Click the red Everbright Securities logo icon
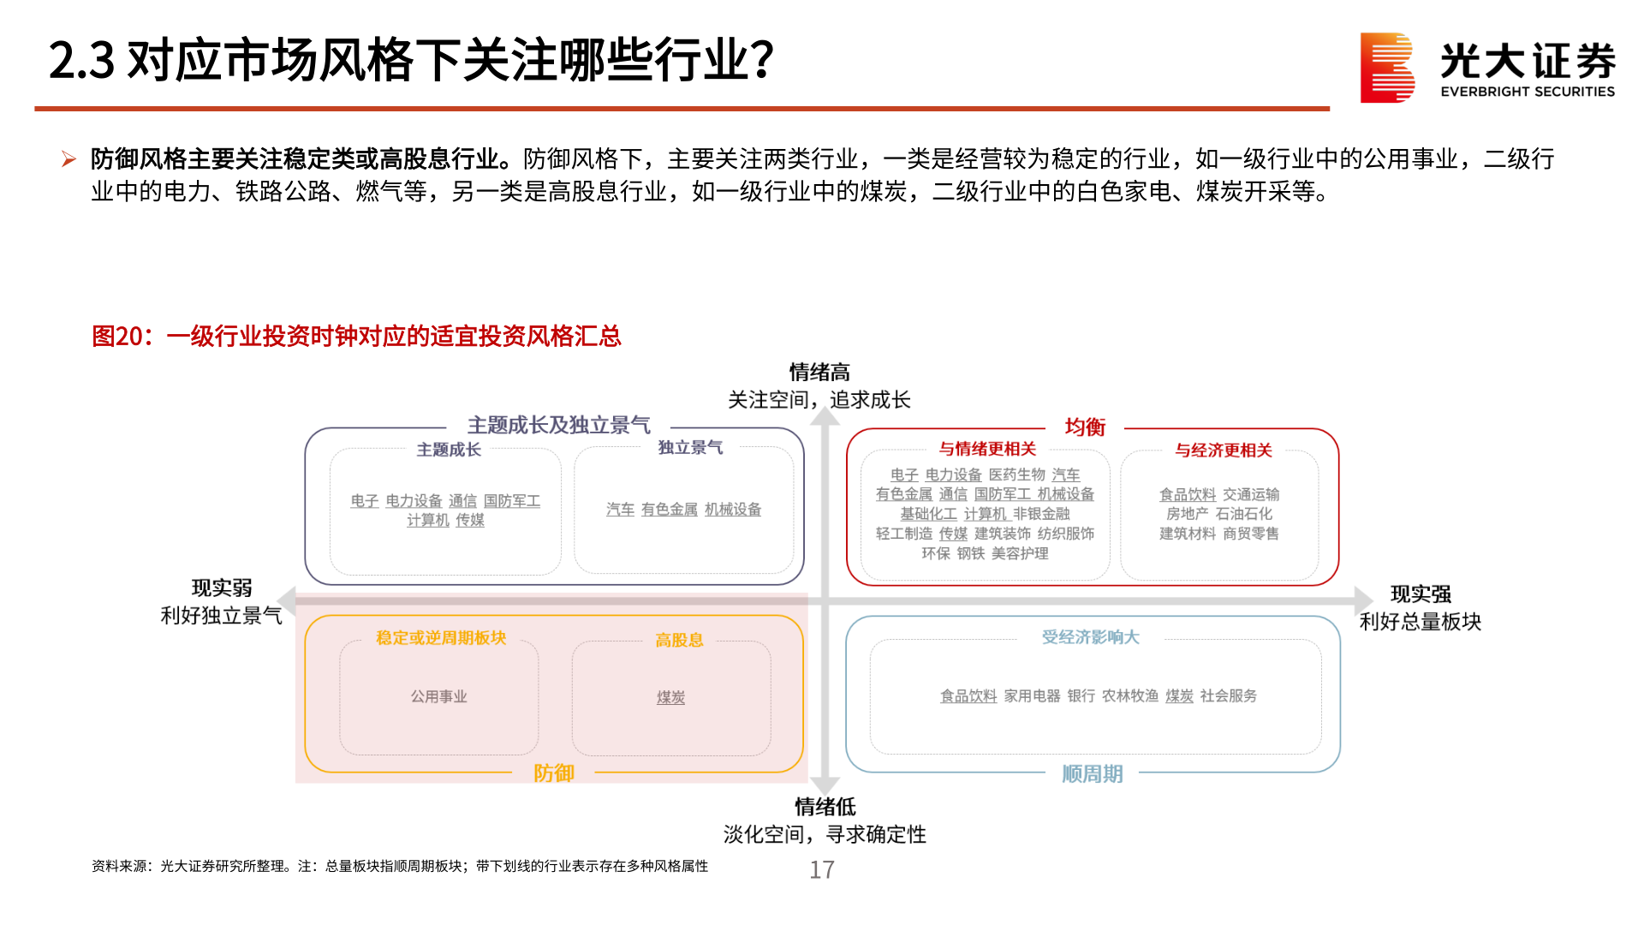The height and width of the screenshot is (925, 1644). click(x=1386, y=68)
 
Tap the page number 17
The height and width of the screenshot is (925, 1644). click(x=822, y=870)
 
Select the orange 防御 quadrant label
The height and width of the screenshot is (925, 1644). click(x=553, y=773)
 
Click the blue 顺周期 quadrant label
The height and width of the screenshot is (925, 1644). click(x=1092, y=774)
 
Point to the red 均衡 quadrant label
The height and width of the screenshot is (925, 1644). click(x=1085, y=427)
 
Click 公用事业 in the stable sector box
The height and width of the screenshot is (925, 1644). click(x=438, y=697)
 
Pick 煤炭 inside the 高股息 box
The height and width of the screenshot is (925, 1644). click(x=670, y=698)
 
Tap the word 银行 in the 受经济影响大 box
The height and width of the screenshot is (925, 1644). click(x=1081, y=696)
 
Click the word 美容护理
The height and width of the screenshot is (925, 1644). click(x=1020, y=553)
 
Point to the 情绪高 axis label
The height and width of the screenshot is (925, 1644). click(x=819, y=373)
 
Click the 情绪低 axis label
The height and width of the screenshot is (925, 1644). click(x=825, y=807)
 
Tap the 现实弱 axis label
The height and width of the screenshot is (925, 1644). click(x=222, y=588)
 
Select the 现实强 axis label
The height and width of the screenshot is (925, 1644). click(x=1421, y=594)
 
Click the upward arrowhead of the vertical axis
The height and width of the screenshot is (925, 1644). click(x=825, y=416)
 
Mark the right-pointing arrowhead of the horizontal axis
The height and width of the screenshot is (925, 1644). click(x=1363, y=600)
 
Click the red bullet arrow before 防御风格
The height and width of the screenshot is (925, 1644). click(x=68, y=159)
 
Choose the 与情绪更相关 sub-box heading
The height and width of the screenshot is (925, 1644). click(x=987, y=449)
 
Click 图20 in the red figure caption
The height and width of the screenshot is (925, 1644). click(x=116, y=336)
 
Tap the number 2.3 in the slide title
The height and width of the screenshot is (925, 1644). click(x=81, y=61)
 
